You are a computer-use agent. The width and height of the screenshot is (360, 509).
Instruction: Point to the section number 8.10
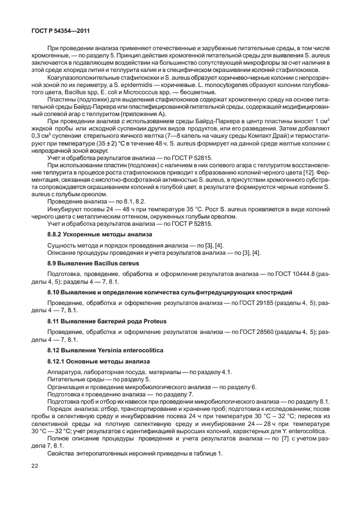pyautogui.click(x=54, y=292)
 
